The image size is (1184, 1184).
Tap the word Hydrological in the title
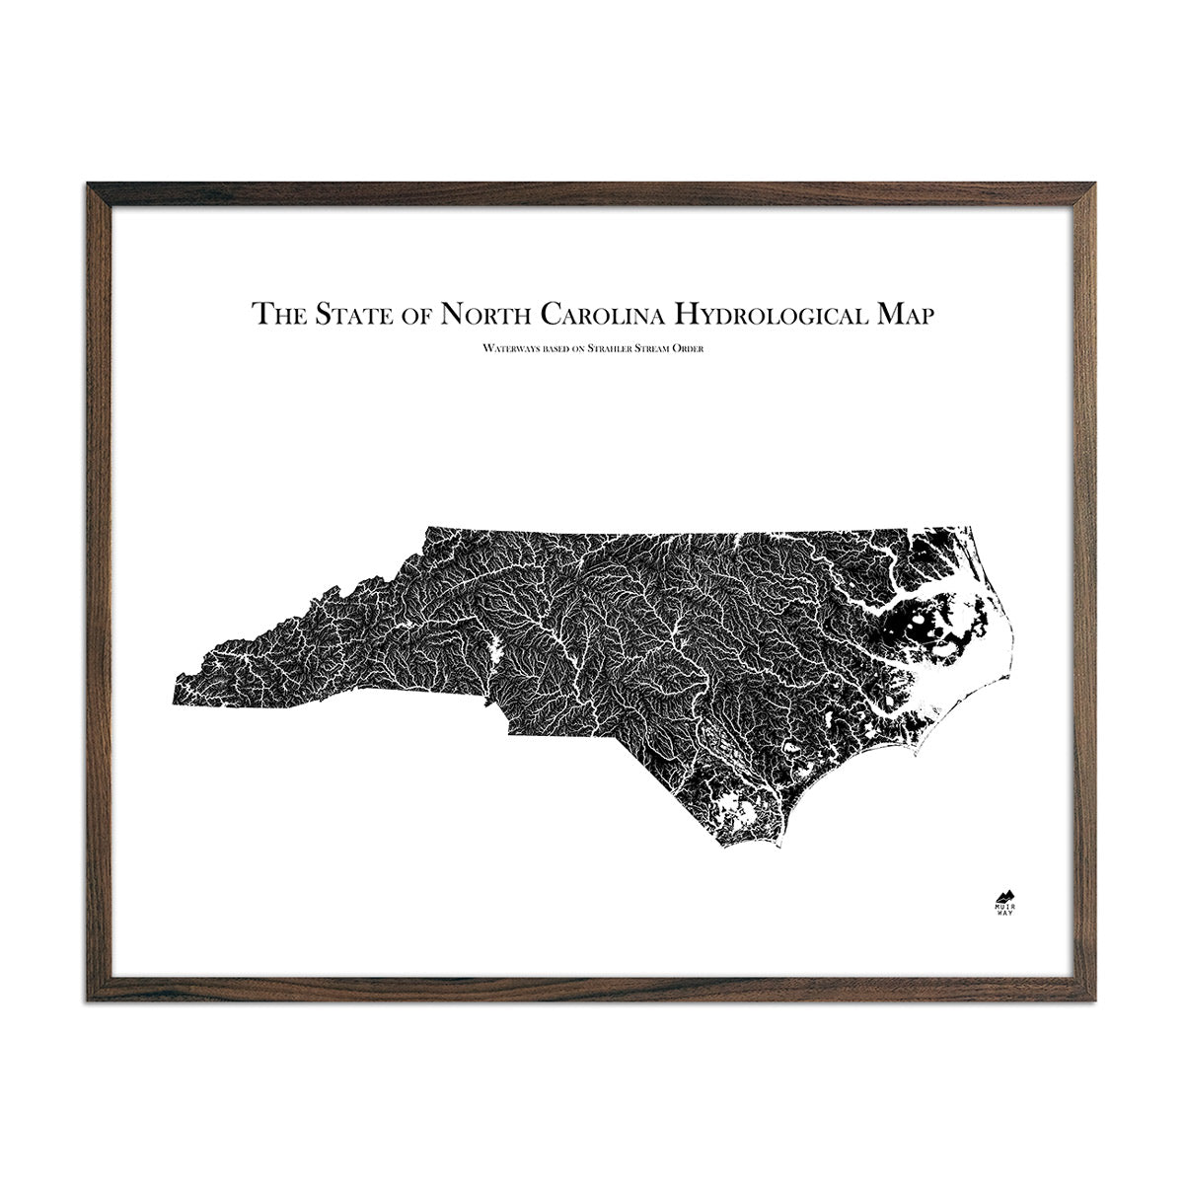[x=771, y=314]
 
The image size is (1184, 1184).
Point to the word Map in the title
[x=903, y=314]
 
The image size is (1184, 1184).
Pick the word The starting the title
[x=278, y=314]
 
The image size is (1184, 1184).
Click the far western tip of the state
[x=176, y=703]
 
